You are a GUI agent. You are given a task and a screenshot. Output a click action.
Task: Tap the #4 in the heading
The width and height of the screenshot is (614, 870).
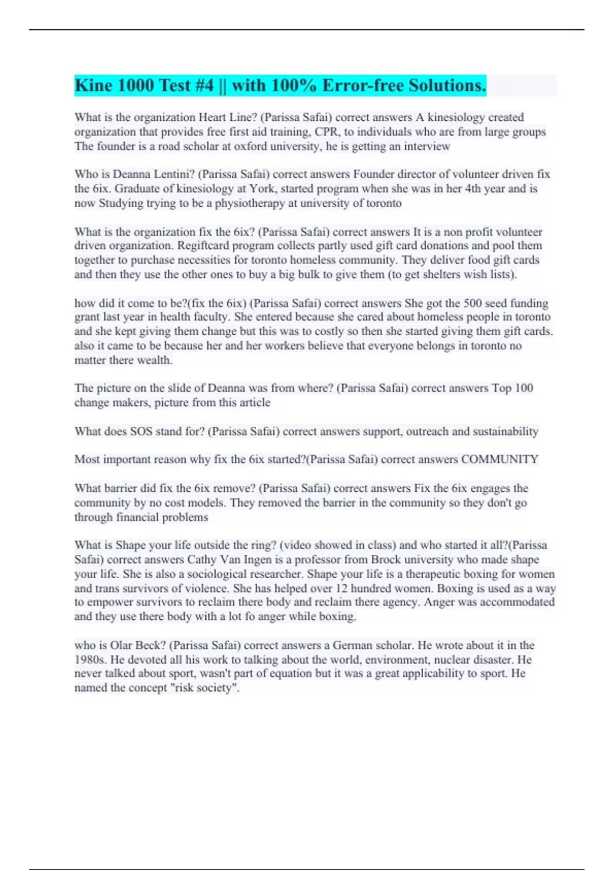point(204,85)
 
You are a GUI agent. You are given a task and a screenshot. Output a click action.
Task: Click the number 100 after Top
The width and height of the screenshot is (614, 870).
point(523,388)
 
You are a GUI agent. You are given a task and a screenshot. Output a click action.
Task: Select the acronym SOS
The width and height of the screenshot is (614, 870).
point(141,431)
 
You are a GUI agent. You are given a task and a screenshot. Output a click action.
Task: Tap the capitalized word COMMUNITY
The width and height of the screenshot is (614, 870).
point(499,460)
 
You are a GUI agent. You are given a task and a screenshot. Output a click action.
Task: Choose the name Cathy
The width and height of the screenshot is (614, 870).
point(202,560)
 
